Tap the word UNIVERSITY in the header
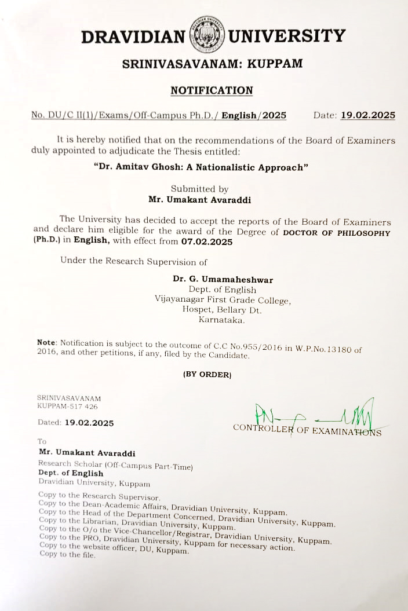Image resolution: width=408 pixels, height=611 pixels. pos(287,36)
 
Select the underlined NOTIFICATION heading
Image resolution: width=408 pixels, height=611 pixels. pos(212,90)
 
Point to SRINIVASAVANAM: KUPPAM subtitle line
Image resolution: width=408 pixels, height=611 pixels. pos(212,64)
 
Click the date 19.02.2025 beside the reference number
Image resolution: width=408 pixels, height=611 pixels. pos(367,115)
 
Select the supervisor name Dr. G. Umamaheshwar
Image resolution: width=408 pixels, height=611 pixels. pos(223,279)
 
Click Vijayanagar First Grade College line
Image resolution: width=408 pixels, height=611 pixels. pos(223,300)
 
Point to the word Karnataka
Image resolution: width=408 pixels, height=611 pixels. pos(222,320)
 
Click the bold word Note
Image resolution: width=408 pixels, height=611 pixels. pos(46,343)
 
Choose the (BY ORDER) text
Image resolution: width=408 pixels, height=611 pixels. pos(207,374)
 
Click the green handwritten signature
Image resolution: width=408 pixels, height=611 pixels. pos(313,414)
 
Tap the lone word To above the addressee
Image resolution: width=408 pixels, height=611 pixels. pos(42,441)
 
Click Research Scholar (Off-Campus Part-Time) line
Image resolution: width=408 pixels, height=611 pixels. pos(115,464)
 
